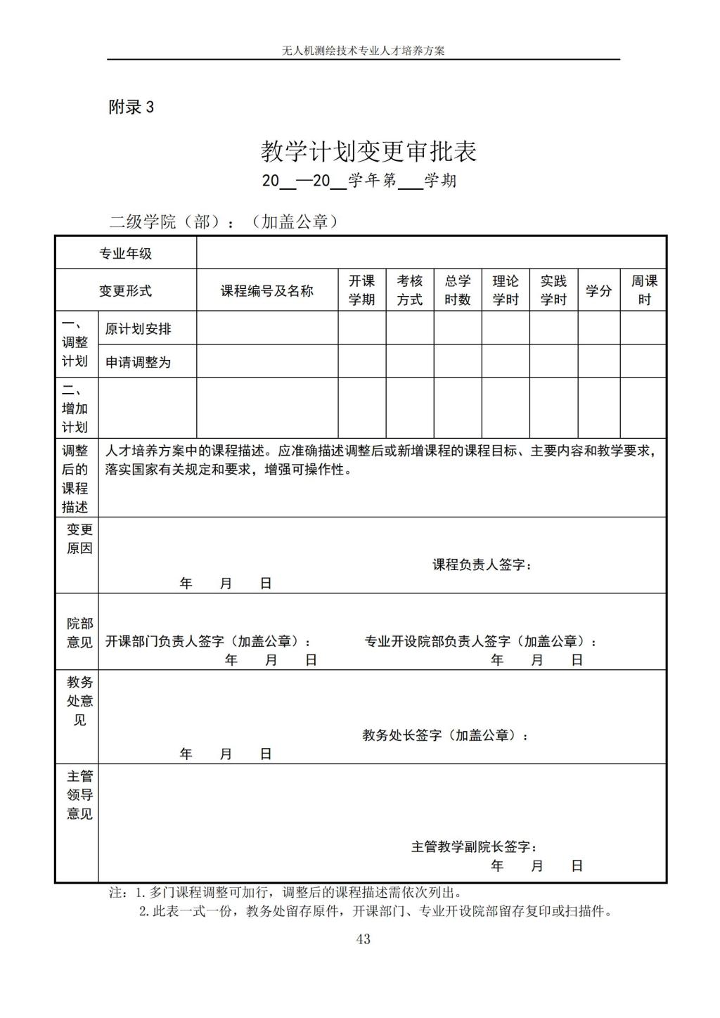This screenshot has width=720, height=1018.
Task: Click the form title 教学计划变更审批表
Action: [x=368, y=151]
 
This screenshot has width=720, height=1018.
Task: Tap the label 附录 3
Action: [x=131, y=107]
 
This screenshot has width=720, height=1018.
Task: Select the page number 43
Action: [x=363, y=939]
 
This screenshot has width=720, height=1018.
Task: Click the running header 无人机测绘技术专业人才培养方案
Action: [x=363, y=51]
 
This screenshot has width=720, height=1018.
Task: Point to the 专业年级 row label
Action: [x=126, y=254]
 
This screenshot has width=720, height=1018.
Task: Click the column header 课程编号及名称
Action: [x=267, y=290]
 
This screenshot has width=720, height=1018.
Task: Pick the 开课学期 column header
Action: [x=361, y=290]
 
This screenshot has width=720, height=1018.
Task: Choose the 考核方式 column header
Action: [x=409, y=290]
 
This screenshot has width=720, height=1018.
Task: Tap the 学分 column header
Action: [x=598, y=290]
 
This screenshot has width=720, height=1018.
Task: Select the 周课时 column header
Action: [x=643, y=290]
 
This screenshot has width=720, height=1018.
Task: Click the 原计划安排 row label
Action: [x=139, y=328]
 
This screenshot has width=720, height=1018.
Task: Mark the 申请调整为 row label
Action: [x=139, y=362]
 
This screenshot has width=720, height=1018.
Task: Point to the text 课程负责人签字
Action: [x=481, y=565]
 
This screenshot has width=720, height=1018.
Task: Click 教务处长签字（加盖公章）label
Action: [x=444, y=735]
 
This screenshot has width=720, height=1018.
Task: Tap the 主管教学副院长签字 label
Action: [x=473, y=846]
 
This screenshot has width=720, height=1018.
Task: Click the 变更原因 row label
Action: [x=79, y=539]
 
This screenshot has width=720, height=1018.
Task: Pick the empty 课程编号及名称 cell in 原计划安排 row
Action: [x=267, y=328]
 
